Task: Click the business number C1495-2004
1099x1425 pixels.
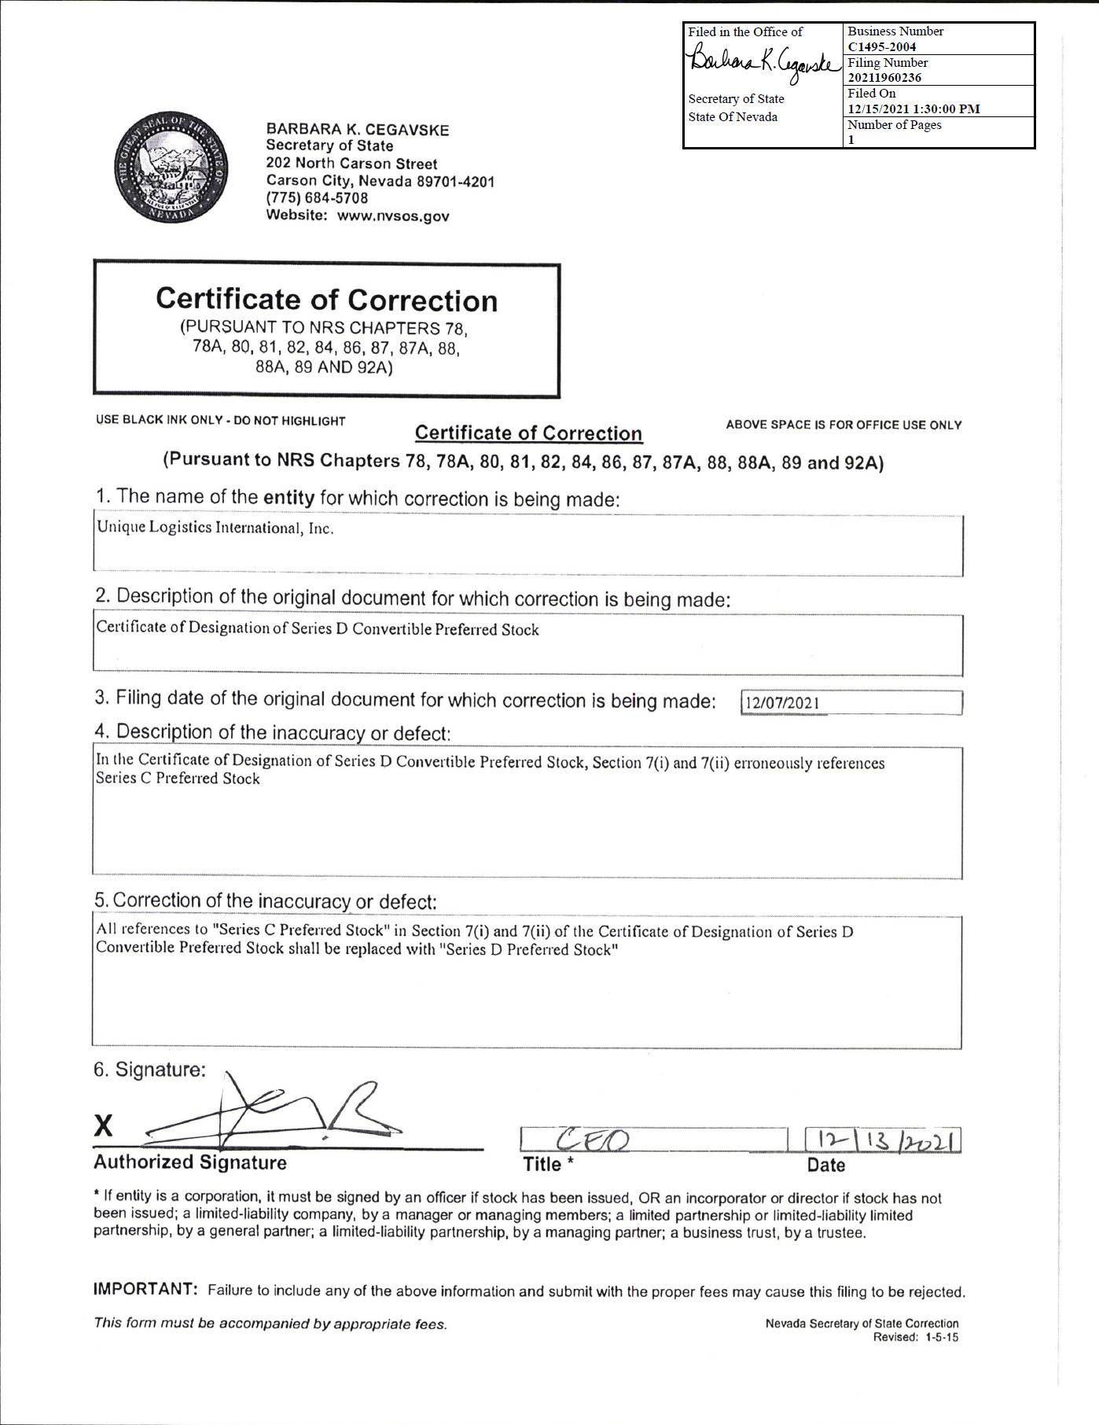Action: [882, 46]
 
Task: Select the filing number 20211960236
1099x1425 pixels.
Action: [884, 77]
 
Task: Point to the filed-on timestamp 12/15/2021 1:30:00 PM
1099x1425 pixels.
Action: [913, 109]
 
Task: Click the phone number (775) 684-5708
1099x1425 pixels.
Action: [317, 198]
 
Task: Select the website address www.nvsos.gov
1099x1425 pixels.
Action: [393, 216]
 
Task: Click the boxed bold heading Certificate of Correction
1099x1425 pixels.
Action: [326, 300]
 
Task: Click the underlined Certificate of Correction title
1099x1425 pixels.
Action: [528, 433]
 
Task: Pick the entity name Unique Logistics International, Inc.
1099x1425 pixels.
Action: [215, 528]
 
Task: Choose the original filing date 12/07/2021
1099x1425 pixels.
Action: [782, 703]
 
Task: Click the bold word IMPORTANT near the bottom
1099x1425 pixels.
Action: [145, 1289]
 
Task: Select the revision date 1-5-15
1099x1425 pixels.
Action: [943, 1337]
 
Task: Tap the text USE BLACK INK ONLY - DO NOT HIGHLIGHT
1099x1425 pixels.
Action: [221, 421]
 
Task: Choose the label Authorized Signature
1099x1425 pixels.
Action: [190, 1162]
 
